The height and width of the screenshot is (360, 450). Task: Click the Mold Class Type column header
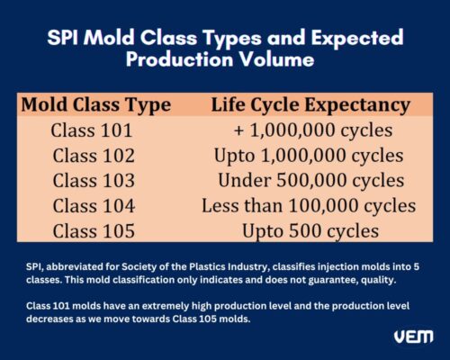click(97, 104)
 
